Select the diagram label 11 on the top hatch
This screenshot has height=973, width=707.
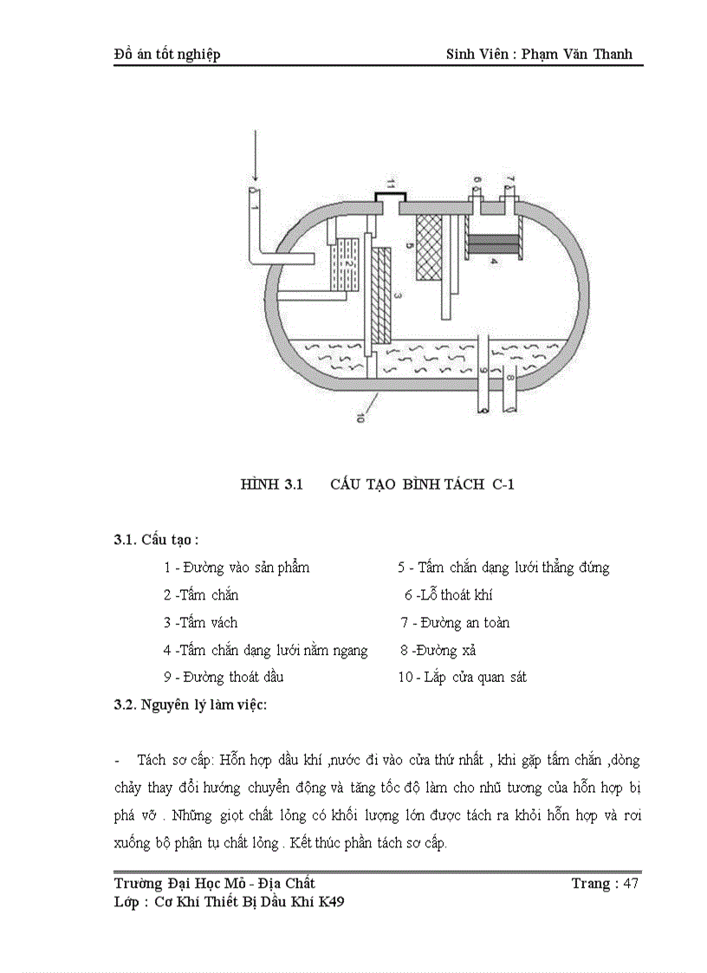391,185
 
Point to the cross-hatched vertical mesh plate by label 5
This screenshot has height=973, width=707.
429,248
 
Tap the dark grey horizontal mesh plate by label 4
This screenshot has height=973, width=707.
493,243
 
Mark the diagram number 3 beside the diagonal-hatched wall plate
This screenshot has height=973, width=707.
398,296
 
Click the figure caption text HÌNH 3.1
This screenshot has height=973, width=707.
269,485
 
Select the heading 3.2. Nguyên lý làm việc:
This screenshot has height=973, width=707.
191,704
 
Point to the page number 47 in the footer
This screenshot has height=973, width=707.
631,884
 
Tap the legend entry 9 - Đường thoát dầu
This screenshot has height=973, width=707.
224,677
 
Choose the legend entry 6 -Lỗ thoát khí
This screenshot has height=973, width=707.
449,595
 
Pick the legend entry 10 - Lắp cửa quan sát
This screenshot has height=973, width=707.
463,677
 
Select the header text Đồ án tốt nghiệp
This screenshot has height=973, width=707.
167,54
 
